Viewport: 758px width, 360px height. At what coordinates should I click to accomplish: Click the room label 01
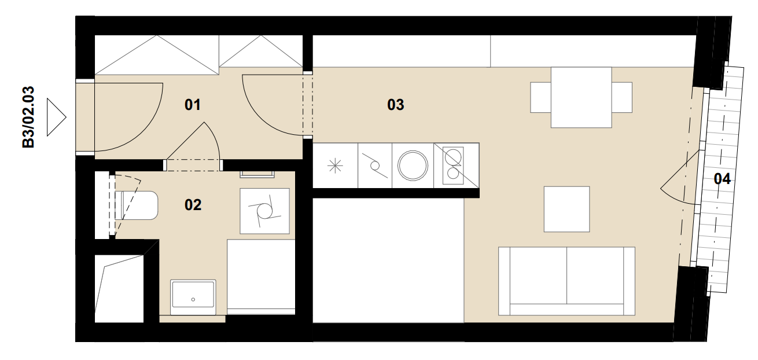(x=193, y=105)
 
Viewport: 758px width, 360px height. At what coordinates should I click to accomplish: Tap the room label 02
(x=193, y=205)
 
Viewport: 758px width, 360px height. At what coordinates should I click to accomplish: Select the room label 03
(x=396, y=105)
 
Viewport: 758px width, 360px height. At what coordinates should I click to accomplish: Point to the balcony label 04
(x=722, y=179)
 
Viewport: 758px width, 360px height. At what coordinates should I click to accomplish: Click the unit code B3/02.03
(x=28, y=117)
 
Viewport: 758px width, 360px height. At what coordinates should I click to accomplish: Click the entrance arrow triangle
(x=56, y=117)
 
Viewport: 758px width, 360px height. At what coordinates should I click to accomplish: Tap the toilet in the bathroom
(x=136, y=205)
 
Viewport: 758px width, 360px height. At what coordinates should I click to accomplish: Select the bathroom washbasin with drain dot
(x=193, y=297)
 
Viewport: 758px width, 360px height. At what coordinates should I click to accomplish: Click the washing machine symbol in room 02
(x=264, y=211)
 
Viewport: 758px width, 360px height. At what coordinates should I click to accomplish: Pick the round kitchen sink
(x=413, y=166)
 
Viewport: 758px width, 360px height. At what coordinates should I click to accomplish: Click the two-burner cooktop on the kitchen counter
(x=453, y=166)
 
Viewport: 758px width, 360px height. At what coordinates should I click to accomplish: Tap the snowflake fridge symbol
(x=335, y=166)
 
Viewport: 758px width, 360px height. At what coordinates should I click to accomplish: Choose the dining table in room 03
(x=581, y=97)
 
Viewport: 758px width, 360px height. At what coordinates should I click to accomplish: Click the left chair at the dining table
(x=541, y=97)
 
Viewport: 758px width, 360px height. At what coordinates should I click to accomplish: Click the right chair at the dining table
(x=622, y=97)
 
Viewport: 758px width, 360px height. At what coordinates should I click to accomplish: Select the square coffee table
(x=567, y=209)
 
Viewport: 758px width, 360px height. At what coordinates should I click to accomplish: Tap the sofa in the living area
(x=566, y=281)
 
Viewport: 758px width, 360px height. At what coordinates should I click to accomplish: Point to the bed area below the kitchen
(x=388, y=260)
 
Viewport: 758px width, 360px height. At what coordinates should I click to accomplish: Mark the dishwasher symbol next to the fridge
(x=375, y=166)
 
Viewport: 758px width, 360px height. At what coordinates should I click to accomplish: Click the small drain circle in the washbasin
(x=193, y=299)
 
